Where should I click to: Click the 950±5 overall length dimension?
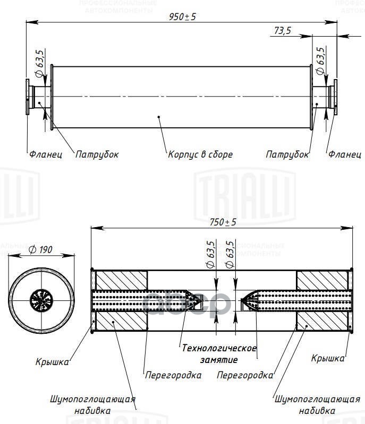click(x=183, y=16)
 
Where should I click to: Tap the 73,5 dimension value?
click(x=282, y=31)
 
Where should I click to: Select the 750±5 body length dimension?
click(x=223, y=222)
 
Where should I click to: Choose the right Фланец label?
click(x=344, y=154)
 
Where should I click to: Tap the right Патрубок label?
click(x=287, y=154)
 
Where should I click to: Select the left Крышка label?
click(x=52, y=362)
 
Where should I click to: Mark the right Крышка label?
click(x=327, y=358)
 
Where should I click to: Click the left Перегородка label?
click(x=173, y=375)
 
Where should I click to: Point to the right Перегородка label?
click(x=245, y=375)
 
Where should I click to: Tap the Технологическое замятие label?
click(x=219, y=354)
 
